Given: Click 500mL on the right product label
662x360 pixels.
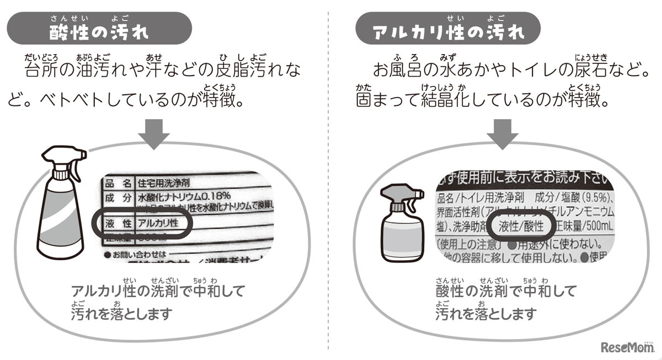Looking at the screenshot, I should point(596,226).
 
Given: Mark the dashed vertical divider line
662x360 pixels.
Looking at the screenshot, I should point(329,182).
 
